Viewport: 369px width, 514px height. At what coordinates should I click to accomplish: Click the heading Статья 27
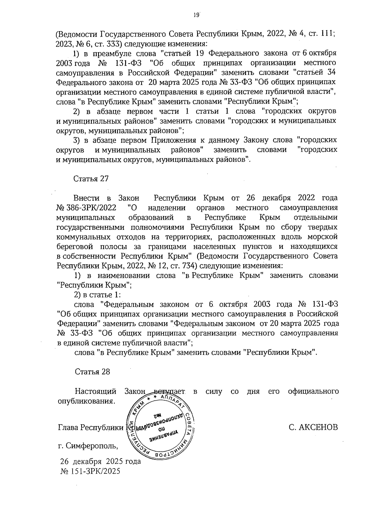(91, 179)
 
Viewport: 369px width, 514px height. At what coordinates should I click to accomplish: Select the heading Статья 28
(92, 372)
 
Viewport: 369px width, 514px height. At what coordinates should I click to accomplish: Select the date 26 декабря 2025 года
(101, 461)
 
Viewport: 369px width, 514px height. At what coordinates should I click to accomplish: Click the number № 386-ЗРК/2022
(86, 208)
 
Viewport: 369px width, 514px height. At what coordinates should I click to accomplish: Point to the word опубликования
(87, 401)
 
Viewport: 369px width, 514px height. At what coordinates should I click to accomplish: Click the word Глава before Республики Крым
(68, 427)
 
